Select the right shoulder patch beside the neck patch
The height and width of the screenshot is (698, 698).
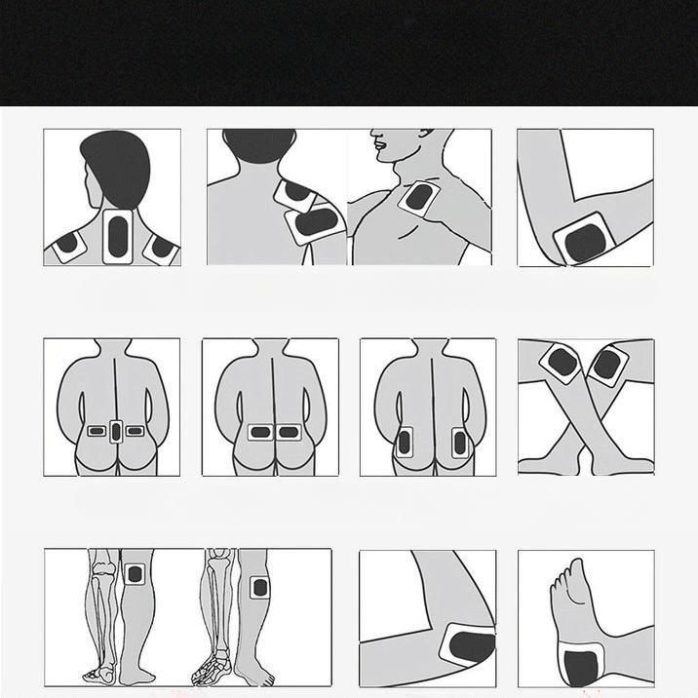click(159, 248)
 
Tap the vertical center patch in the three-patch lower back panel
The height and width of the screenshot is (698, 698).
click(116, 430)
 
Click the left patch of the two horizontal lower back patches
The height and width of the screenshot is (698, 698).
click(260, 432)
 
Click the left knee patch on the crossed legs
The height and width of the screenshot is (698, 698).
click(563, 364)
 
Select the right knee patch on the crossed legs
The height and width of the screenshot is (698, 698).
click(606, 367)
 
